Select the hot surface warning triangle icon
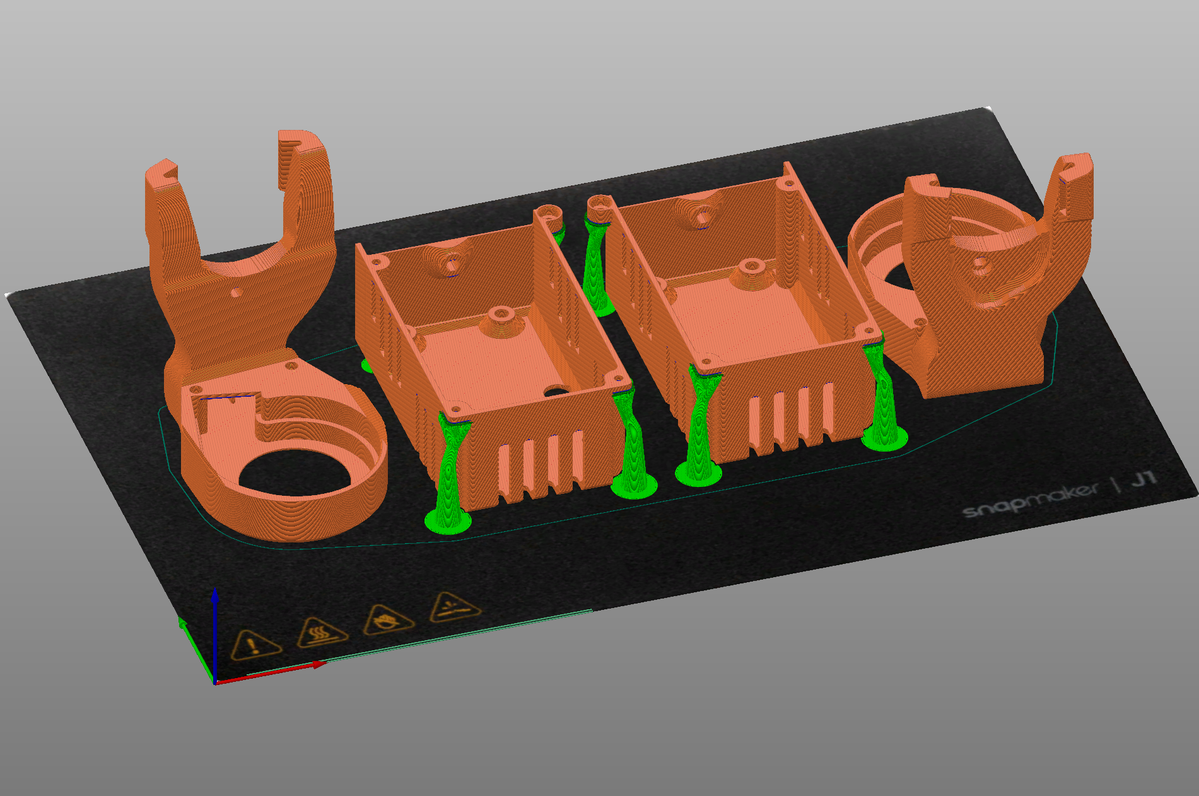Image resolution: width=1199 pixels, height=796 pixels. [x=321, y=631]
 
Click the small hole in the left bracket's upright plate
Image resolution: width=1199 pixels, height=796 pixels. [x=235, y=293]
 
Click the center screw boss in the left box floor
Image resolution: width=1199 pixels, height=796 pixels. [x=502, y=314]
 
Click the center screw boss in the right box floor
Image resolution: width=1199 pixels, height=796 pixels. [x=751, y=266]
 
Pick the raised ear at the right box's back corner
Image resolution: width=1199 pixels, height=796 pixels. [x=788, y=175]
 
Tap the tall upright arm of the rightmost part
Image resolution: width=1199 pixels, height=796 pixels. [x=1069, y=202]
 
